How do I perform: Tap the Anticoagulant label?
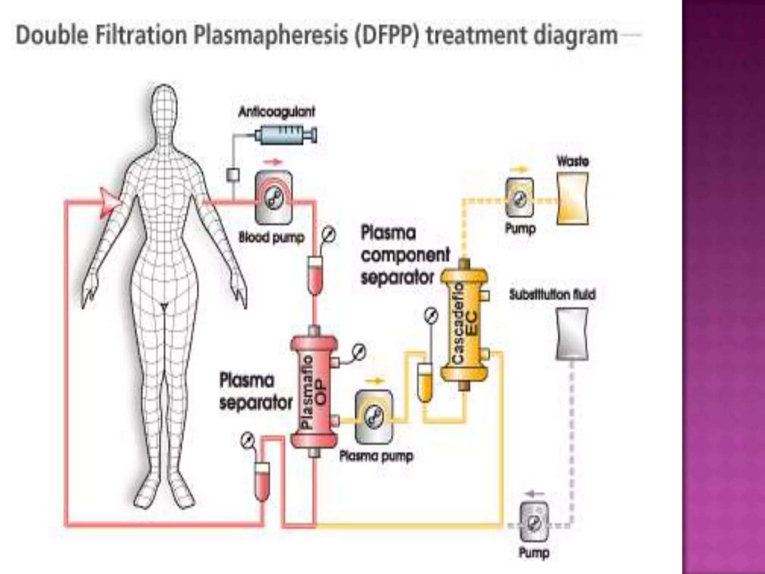(x=276, y=112)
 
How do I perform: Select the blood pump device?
(x=273, y=197)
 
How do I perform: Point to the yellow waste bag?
(x=572, y=198)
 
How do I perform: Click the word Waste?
(x=573, y=161)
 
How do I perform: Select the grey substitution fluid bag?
(x=572, y=334)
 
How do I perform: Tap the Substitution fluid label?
(x=552, y=294)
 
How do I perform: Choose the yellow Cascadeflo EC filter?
(x=464, y=325)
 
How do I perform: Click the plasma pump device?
(x=374, y=416)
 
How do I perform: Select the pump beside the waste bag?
(x=520, y=198)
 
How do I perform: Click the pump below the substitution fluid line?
(x=534, y=522)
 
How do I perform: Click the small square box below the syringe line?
(x=233, y=175)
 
